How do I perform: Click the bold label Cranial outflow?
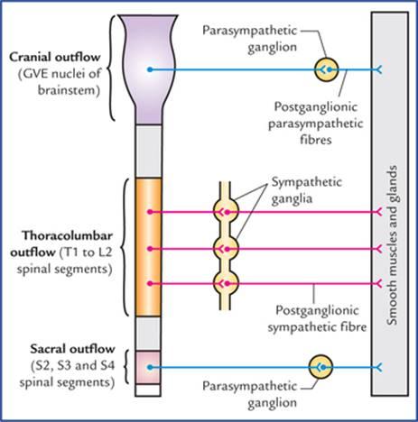pos(54,57)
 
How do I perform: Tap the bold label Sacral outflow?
pos(72,349)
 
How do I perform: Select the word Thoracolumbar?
pos(68,236)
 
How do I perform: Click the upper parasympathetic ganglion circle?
pos(327,69)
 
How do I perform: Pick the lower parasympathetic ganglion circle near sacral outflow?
pos(320,367)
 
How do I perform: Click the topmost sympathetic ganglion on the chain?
pos(226,212)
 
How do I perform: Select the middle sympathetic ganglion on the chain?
pos(226,249)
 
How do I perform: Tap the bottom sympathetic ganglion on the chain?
pos(226,283)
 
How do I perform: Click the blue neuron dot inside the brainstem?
pos(150,69)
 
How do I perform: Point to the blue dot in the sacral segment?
pos(150,367)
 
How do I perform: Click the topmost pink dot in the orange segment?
pos(150,212)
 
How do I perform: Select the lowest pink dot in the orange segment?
pos(150,283)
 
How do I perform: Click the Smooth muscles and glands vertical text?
pos(393,244)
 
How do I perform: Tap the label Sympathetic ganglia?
pos(307,190)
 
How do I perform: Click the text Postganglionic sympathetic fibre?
pos(318,318)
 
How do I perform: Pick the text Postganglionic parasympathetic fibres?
pos(316,124)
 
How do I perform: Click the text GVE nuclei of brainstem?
pos(60,82)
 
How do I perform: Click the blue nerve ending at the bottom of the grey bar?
pos(378,367)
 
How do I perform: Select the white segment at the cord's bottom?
pos(147,390)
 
